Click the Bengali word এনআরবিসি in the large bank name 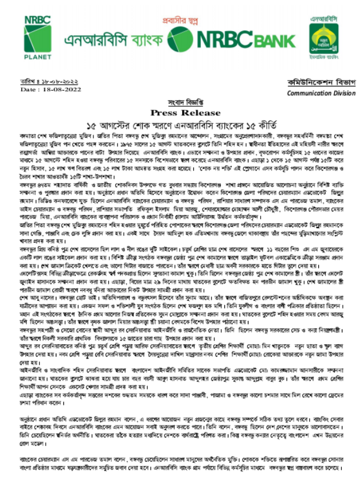point(96,41)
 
